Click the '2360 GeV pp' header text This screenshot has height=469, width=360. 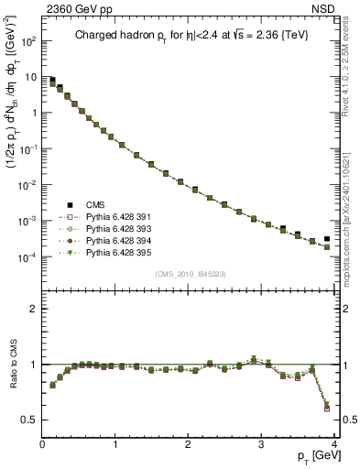click(75, 9)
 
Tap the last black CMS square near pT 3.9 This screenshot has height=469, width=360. click(326, 239)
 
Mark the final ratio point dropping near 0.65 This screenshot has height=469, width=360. click(326, 403)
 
